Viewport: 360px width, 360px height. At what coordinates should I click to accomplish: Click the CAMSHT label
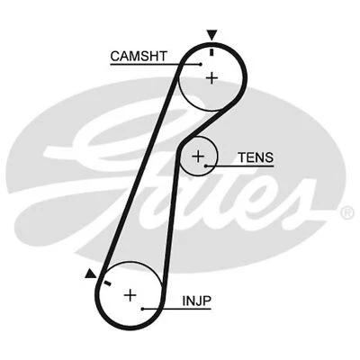pyautogui.click(x=138, y=56)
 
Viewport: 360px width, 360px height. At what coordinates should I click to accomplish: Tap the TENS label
pyautogui.click(x=255, y=158)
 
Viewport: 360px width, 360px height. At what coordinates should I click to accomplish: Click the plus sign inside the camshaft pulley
pyautogui.click(x=211, y=78)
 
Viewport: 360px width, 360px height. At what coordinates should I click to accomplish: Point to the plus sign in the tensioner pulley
pyautogui.click(x=199, y=158)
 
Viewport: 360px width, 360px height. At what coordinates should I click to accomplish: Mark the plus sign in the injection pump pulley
pyautogui.click(x=130, y=294)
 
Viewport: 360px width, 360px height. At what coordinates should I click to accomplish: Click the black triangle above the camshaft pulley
pyautogui.click(x=212, y=35)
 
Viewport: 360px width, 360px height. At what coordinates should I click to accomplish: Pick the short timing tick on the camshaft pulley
pyautogui.click(x=212, y=50)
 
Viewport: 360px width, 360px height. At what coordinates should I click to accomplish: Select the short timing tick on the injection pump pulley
pyautogui.click(x=106, y=283)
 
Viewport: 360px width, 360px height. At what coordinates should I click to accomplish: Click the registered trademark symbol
pyautogui.click(x=346, y=213)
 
